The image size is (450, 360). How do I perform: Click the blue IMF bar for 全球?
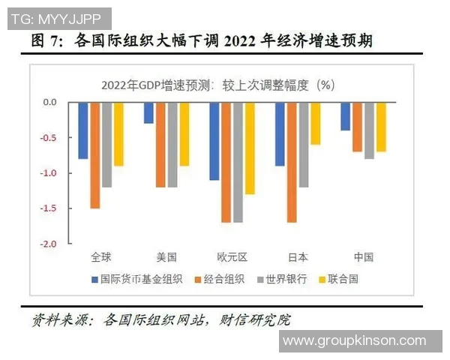(83, 130)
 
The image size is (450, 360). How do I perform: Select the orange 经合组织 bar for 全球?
(95, 155)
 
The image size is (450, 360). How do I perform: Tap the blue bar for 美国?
(148, 112)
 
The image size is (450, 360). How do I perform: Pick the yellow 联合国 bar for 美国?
(184, 133)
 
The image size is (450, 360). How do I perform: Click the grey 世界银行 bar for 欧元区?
(238, 162)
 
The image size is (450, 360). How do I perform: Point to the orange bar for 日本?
(292, 162)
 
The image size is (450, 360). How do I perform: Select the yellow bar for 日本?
(316, 123)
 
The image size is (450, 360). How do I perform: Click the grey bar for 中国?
(369, 130)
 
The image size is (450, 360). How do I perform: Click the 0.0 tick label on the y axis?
(49, 102)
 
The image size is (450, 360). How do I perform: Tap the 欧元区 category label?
(232, 257)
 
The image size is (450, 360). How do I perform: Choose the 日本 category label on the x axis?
(298, 257)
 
